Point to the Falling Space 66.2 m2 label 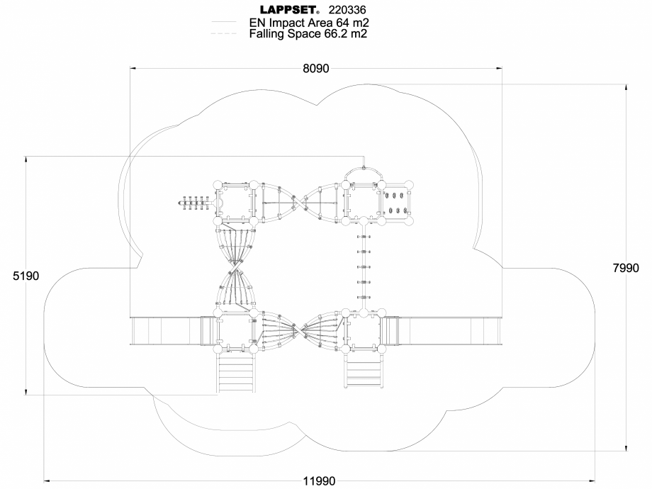pyautogui.click(x=308, y=33)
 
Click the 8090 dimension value pyautogui.click(x=315, y=69)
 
